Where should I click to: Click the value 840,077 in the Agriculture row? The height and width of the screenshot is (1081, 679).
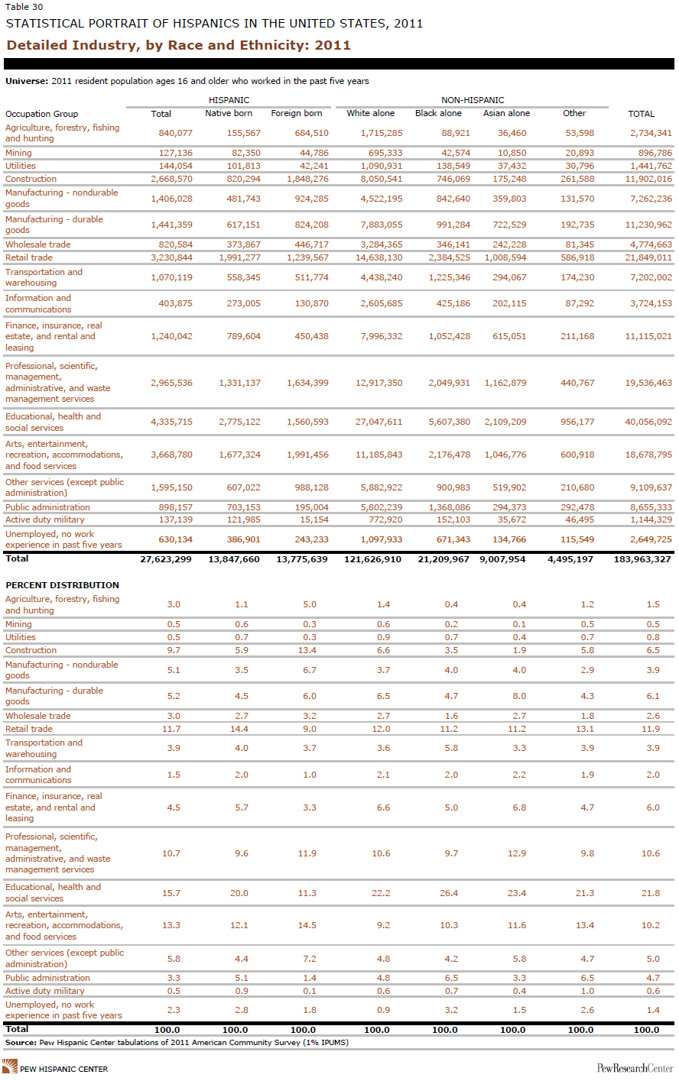[175, 133]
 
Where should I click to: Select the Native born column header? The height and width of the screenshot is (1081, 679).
[229, 113]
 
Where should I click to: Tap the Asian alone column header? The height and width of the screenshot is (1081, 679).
[507, 113]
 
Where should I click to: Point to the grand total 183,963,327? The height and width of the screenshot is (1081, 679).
[642, 559]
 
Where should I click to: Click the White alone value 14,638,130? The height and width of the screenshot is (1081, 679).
[379, 257]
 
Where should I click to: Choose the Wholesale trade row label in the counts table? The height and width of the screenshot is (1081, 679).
[37, 244]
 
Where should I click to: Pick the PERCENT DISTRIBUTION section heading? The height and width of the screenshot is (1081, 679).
[62, 585]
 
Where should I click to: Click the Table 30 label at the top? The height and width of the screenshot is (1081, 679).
[24, 7]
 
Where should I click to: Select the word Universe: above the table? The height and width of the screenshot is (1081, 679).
[27, 81]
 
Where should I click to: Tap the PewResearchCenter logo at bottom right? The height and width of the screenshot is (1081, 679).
[635, 1068]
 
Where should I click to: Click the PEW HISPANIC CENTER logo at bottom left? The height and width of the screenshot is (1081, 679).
[56, 1067]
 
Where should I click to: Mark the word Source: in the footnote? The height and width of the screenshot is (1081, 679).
[21, 1042]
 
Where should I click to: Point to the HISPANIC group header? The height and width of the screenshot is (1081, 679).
[229, 100]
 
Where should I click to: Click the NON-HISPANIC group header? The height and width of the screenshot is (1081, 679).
[473, 100]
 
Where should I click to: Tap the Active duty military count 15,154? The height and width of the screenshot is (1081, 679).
[314, 519]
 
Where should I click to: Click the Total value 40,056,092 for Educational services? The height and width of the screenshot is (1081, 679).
[648, 421]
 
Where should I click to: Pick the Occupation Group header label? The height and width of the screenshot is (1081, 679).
[41, 114]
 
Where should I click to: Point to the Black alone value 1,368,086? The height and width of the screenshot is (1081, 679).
[449, 507]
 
